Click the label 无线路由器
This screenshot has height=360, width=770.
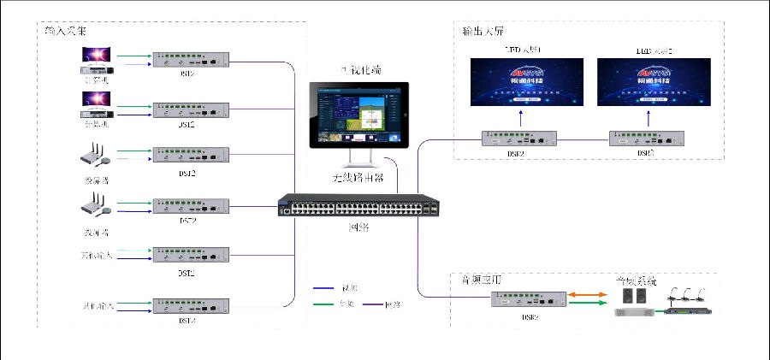point(358,179)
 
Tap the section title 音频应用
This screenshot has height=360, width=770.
point(477,280)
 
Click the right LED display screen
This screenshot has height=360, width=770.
point(654,82)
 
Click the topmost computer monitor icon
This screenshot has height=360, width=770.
point(95,55)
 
